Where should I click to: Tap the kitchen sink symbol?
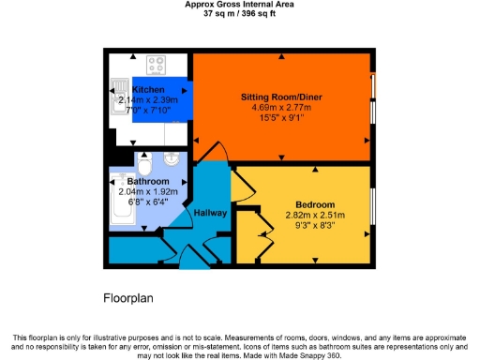click(x=120, y=93)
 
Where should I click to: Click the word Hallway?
click(x=210, y=213)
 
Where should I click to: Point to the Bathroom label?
click(x=148, y=181)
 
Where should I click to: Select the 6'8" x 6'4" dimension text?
click(x=148, y=201)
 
